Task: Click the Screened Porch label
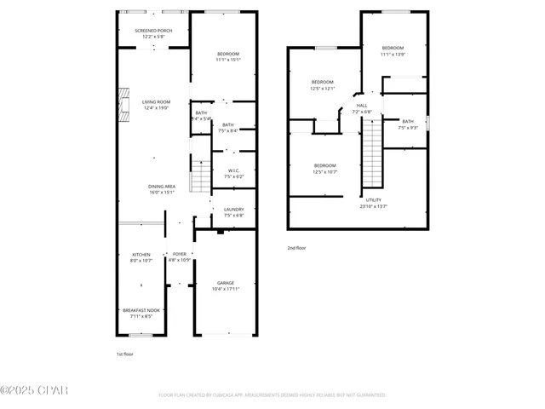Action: pos(153,33)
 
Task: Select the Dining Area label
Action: pos(162,188)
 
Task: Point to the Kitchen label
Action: pos(141,257)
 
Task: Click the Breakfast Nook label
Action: pos(141,313)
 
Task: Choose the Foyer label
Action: pos(180,256)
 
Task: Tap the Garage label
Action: pos(225,285)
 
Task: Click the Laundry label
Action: pos(233,212)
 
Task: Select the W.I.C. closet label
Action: pos(233,173)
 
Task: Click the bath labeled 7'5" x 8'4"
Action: pos(227,128)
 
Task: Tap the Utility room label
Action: pos(373,203)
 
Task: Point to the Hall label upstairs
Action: pos(362,108)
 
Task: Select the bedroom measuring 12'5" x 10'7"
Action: pos(324,168)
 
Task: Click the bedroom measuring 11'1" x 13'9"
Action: pos(393,50)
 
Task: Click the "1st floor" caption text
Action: pos(125,353)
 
